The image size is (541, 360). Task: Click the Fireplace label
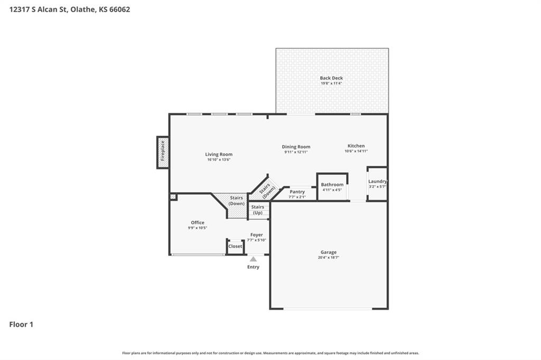(163, 151)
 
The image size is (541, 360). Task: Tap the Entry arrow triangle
(253, 259)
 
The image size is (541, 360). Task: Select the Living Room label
(219, 155)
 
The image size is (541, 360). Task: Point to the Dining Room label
(296, 147)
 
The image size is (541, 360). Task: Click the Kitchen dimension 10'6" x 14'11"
(356, 151)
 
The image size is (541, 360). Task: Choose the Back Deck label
(331, 78)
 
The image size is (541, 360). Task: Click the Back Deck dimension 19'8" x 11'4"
(331, 83)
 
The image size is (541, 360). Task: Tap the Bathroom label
(332, 185)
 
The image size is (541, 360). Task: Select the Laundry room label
(377, 182)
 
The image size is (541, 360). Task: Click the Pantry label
(297, 192)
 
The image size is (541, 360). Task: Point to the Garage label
(329, 252)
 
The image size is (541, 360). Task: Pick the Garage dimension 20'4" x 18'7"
(329, 258)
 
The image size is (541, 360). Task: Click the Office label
(198, 223)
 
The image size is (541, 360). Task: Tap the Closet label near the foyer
(235, 247)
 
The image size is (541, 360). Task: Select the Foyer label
(257, 235)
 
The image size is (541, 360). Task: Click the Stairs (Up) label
(258, 210)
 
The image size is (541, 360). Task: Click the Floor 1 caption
(21, 325)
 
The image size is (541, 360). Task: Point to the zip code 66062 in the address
(120, 10)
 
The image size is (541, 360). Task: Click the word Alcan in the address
(47, 10)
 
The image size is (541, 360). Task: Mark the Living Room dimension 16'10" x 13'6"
(219, 159)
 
